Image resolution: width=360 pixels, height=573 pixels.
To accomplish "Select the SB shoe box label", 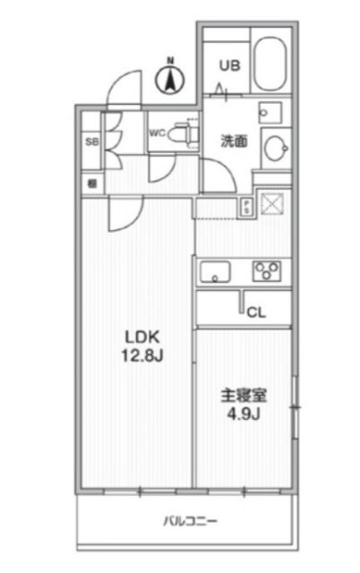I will point(90,141).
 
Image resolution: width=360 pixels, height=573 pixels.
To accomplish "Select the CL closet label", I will point(255,312).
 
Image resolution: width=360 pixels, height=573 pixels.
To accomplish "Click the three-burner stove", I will point(268,269).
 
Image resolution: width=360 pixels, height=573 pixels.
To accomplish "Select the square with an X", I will point(271,204).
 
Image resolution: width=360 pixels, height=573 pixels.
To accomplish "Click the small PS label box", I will point(246,207).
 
